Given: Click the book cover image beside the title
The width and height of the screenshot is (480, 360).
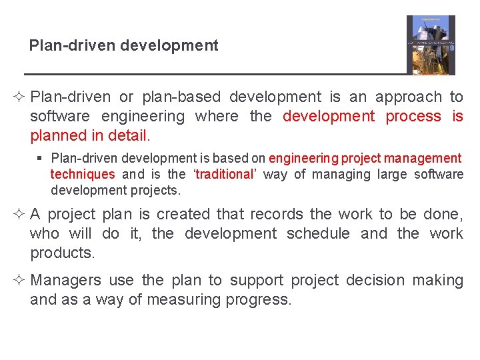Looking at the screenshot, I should [x=431, y=45].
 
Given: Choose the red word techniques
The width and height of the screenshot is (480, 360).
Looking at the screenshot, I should [x=83, y=175].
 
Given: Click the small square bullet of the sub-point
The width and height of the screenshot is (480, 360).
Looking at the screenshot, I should [x=41, y=159].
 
